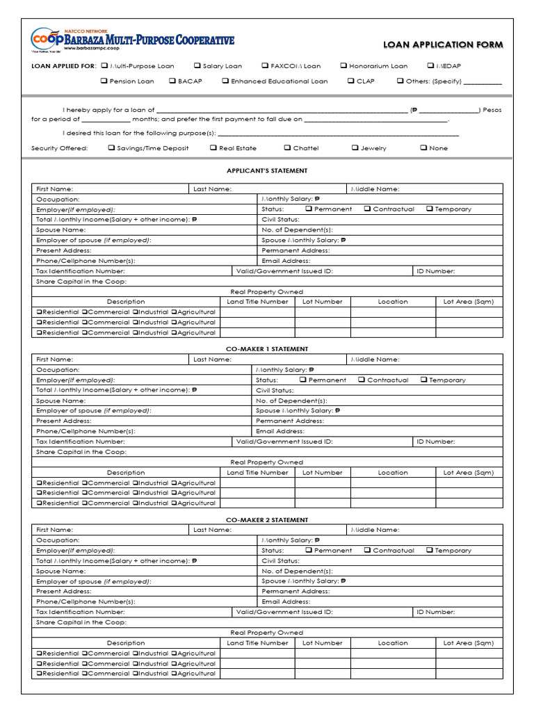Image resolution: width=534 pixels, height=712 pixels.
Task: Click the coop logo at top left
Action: (x=47, y=40)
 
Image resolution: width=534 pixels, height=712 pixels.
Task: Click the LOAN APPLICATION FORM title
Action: (x=443, y=45)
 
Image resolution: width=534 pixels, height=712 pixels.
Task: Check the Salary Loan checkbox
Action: (x=198, y=66)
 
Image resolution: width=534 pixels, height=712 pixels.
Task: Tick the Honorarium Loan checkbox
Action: (x=343, y=66)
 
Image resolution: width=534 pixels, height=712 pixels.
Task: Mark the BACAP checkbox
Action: (x=172, y=81)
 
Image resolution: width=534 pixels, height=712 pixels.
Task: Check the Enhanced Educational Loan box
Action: (x=225, y=81)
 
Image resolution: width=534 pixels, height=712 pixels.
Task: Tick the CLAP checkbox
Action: (x=351, y=81)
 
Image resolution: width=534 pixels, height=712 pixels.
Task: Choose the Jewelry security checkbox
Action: (x=355, y=147)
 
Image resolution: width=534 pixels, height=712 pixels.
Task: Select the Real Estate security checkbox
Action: (x=213, y=147)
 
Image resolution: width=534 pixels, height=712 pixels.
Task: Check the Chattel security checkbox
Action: (x=287, y=147)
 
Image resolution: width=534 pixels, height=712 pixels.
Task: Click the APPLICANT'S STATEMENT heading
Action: (x=267, y=170)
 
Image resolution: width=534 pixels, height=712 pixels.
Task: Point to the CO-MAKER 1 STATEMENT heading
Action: (x=267, y=349)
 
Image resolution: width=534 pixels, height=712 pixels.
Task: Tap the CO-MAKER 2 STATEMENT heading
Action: (x=267, y=520)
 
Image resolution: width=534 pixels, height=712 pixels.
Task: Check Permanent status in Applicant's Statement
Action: (x=308, y=209)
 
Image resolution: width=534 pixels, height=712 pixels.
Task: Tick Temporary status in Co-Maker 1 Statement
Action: (x=423, y=380)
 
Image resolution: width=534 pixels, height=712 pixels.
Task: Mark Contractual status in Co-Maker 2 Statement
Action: (x=367, y=550)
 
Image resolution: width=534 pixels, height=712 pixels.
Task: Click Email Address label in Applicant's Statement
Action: (x=286, y=261)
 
